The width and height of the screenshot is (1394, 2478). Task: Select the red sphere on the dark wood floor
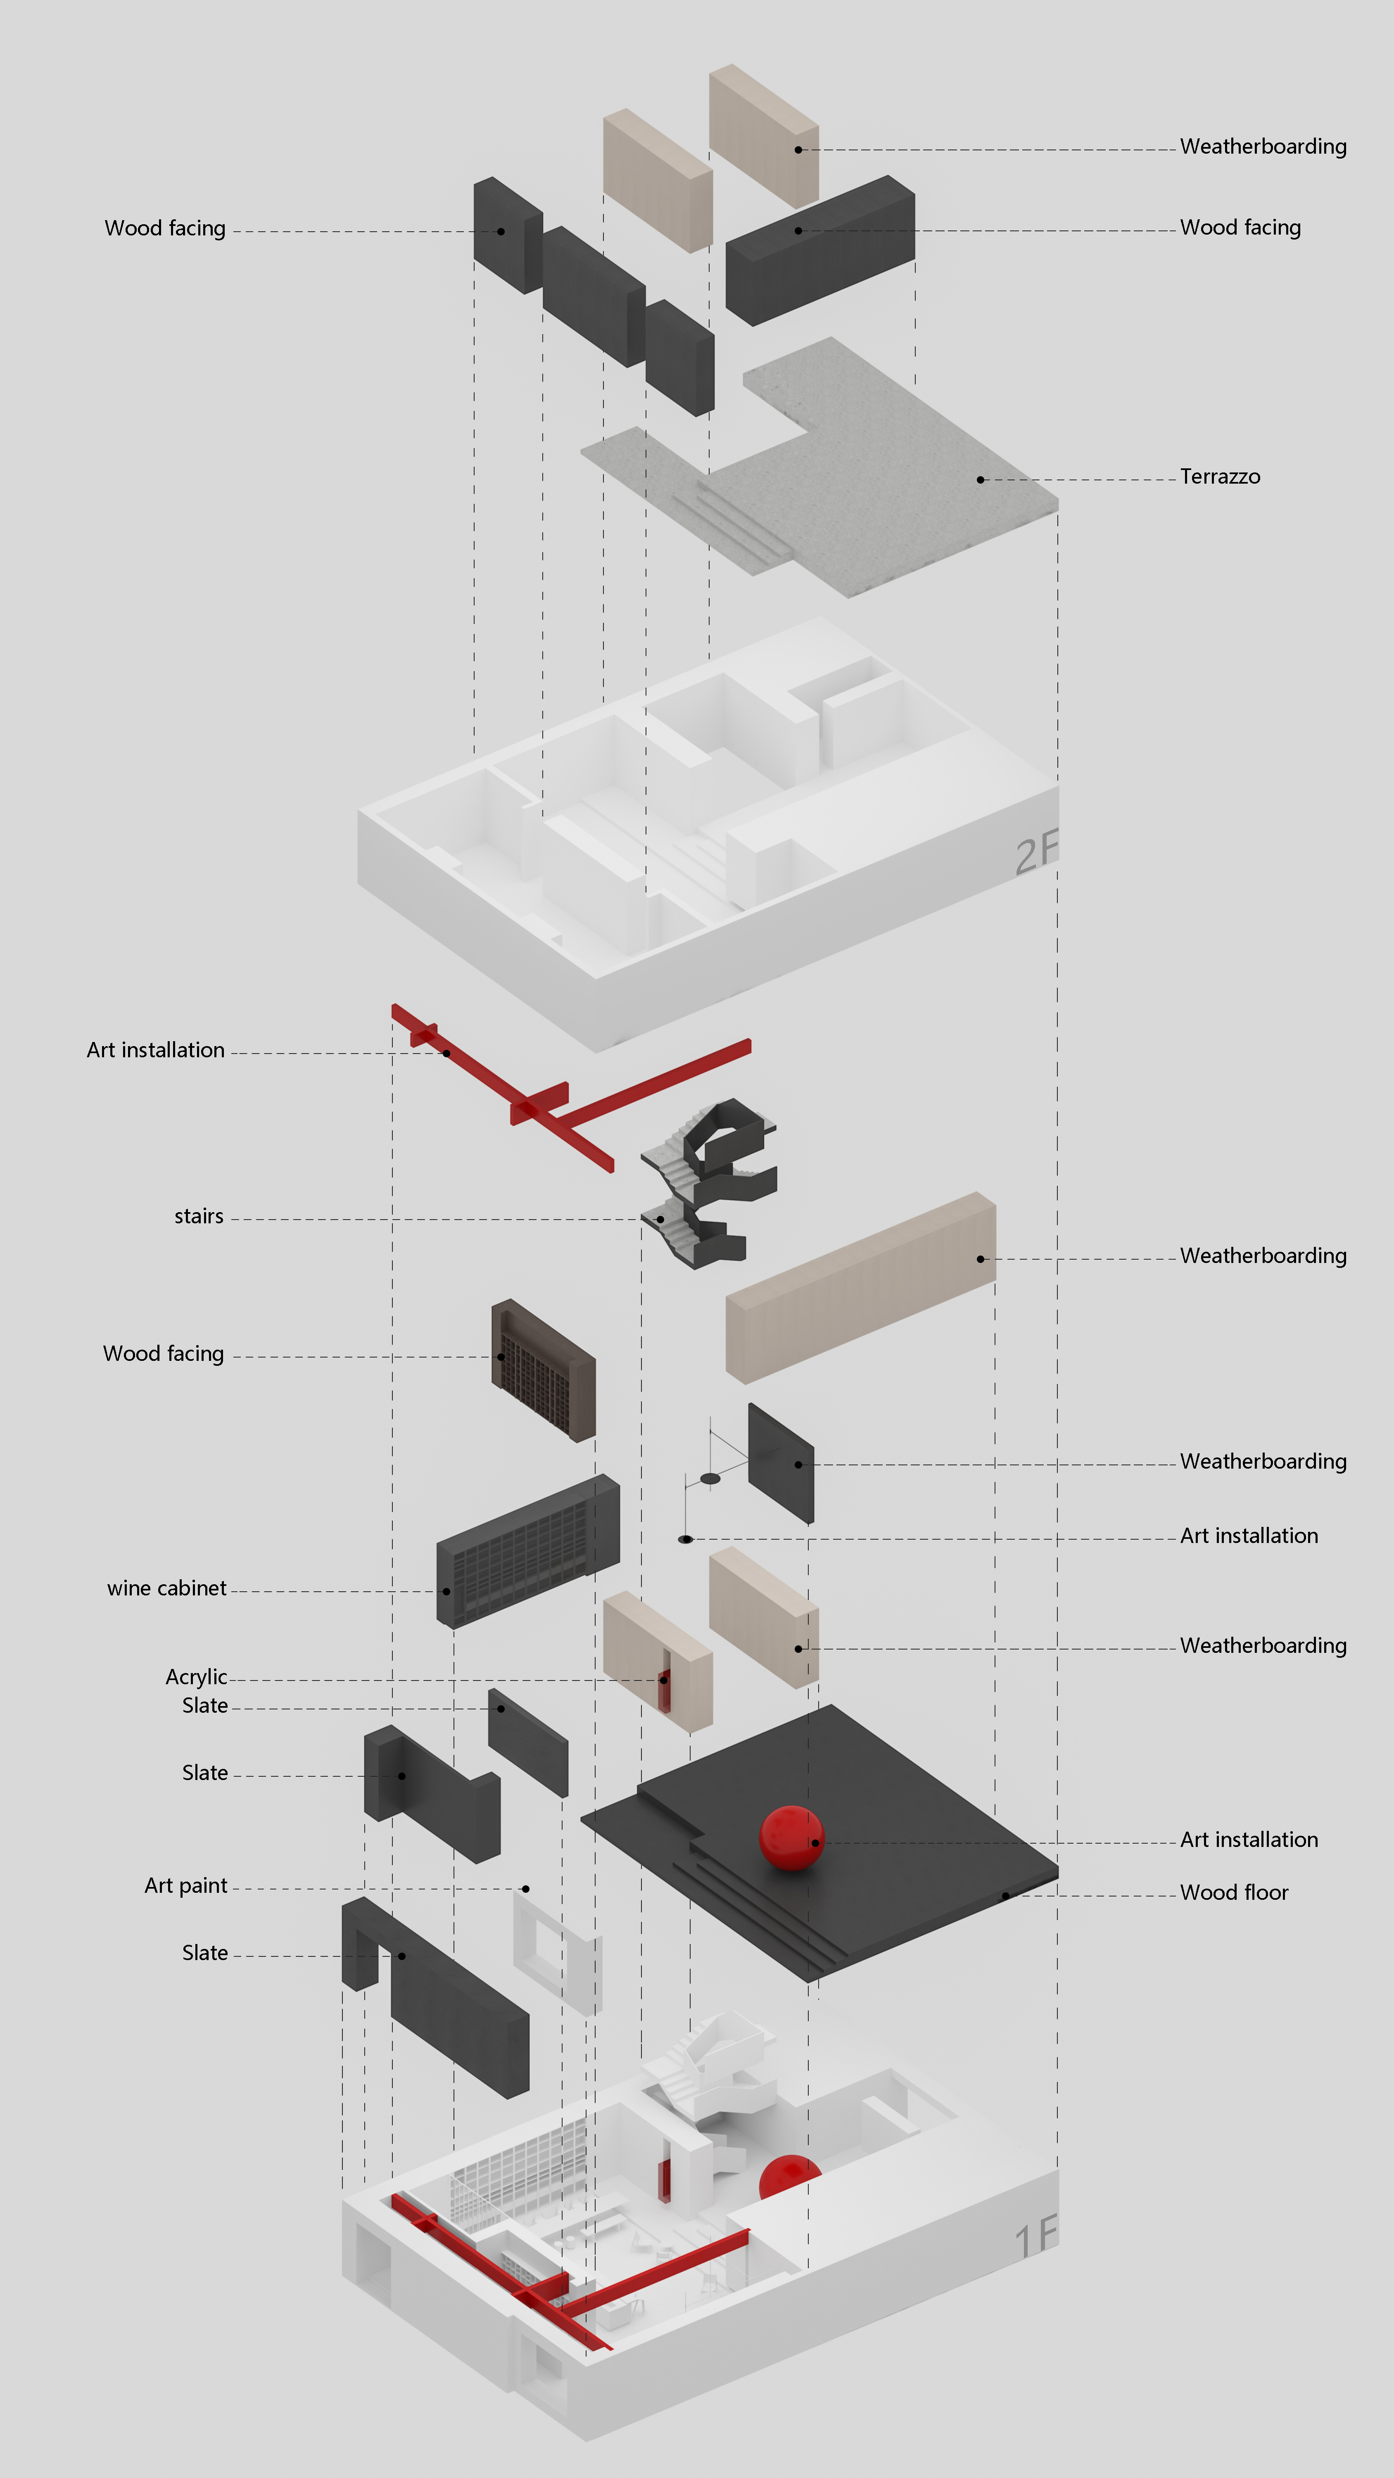pos(791,1837)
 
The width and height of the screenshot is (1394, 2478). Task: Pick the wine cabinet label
pos(166,1588)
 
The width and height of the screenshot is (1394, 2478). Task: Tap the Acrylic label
pos(196,1677)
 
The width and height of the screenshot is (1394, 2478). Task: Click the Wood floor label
pos(1233,1892)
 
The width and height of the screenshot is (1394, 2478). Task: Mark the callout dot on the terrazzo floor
pos(980,479)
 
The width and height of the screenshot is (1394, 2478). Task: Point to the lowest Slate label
pos(205,1953)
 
